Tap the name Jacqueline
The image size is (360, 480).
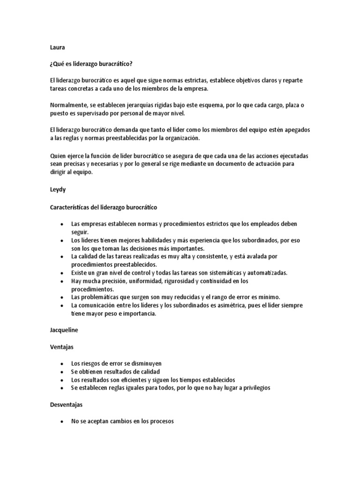(x=64, y=330)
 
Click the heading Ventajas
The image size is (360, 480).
(x=62, y=347)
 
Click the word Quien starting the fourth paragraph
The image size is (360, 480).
(x=58, y=155)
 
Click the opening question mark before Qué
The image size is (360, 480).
(x=51, y=64)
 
